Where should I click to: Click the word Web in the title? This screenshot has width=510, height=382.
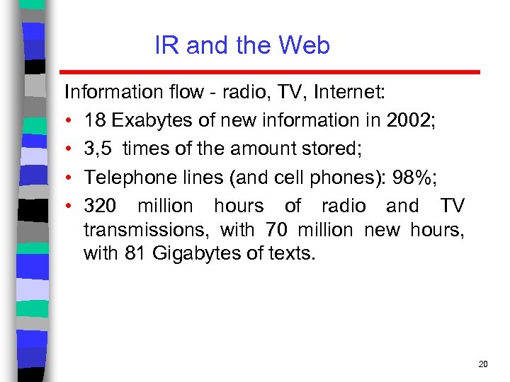305,46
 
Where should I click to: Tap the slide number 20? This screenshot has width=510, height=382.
483,364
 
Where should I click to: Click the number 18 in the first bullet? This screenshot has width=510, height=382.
94,120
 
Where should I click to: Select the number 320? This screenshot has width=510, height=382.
100,207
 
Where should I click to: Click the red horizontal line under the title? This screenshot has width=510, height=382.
269,72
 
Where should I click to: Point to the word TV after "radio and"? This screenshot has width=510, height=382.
452,207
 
